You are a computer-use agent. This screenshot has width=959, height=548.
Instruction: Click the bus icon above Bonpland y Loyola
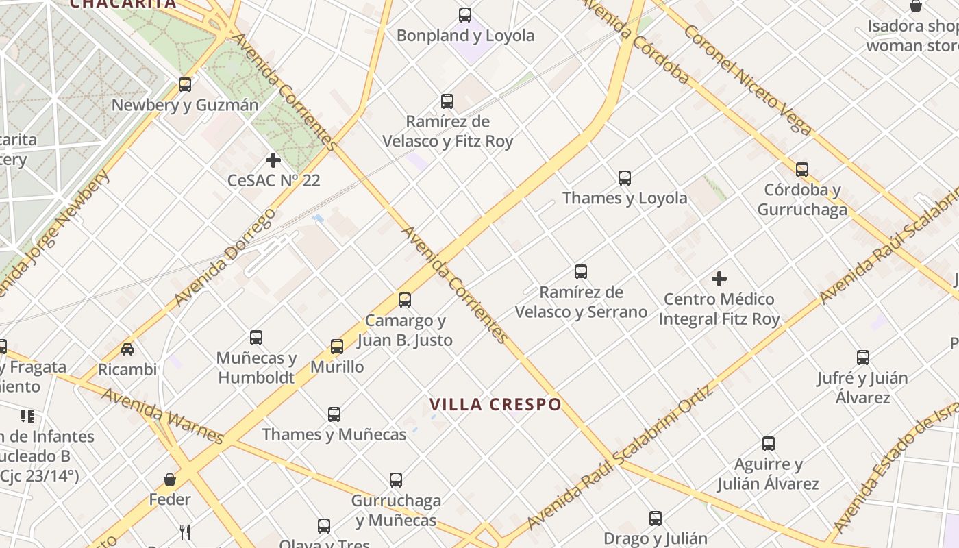pyautogui.click(x=465, y=15)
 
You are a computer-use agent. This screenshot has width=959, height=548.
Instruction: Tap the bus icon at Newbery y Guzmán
pyautogui.click(x=185, y=85)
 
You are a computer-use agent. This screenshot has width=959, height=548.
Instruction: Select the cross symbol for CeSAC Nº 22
pyautogui.click(x=273, y=160)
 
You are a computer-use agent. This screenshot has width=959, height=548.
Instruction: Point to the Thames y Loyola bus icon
pyautogui.click(x=625, y=178)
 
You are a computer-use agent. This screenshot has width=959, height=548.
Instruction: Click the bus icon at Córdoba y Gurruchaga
pyautogui.click(x=802, y=170)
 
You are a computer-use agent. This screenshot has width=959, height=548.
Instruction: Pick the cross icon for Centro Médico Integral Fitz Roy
pyautogui.click(x=719, y=279)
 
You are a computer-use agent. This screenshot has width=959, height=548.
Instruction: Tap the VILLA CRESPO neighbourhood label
pyautogui.click(x=496, y=404)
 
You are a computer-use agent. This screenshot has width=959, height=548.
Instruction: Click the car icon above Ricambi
pyautogui.click(x=127, y=349)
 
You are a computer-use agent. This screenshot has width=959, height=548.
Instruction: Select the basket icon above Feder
pyautogui.click(x=170, y=480)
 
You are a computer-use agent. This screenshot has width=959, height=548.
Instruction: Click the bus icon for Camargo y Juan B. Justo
pyautogui.click(x=405, y=300)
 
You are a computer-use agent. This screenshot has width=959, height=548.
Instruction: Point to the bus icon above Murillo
pyautogui.click(x=337, y=347)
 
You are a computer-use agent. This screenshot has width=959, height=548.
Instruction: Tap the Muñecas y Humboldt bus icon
pyautogui.click(x=256, y=338)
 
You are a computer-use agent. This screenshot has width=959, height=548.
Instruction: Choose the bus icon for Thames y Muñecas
pyautogui.click(x=334, y=414)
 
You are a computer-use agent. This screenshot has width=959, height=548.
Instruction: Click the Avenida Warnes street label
pyautogui.click(x=162, y=415)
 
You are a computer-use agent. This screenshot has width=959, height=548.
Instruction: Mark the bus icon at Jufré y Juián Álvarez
pyautogui.click(x=863, y=358)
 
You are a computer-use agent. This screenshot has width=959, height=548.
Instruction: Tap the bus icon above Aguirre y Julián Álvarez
pyautogui.click(x=769, y=444)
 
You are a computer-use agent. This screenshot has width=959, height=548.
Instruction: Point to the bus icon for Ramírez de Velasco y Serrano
pyautogui.click(x=581, y=272)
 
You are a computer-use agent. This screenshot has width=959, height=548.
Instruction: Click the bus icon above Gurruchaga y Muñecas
pyautogui.click(x=396, y=480)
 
